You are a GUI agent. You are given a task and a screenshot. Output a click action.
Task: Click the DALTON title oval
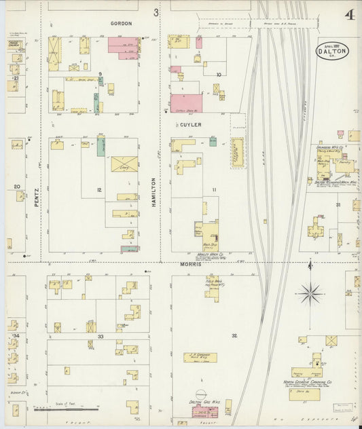click(x=332, y=50)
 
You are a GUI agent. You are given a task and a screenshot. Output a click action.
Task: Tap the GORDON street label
click(x=121, y=23)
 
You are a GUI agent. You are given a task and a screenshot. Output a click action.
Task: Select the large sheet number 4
click(x=348, y=15)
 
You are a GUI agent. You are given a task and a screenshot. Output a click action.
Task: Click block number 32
click(x=234, y=335)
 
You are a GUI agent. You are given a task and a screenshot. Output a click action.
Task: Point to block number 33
click(x=101, y=337)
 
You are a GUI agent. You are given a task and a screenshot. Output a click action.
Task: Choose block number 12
click(x=99, y=189)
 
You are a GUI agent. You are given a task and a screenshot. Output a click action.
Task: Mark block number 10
click(x=218, y=74)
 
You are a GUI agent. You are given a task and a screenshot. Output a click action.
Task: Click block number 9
click(x=100, y=73)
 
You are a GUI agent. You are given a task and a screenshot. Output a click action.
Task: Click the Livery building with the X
click(x=124, y=164)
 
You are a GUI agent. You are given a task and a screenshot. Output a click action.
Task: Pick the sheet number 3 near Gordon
click(x=156, y=12)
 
